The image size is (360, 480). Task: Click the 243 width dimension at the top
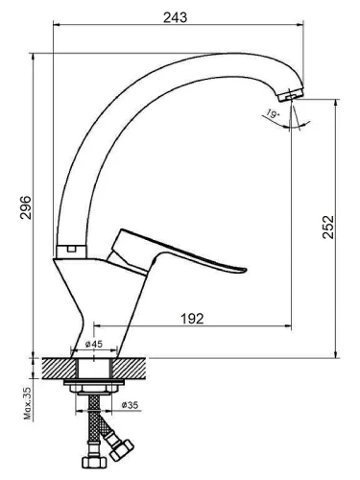(x=175, y=17)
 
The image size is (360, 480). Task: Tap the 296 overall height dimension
(x=26, y=207)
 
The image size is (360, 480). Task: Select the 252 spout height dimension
(x=328, y=227)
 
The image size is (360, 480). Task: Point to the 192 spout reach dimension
(x=192, y=319)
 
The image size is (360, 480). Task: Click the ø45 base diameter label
(x=94, y=344)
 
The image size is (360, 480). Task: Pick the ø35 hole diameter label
(x=130, y=405)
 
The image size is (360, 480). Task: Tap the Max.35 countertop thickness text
(x=28, y=403)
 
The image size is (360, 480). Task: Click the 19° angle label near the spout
(x=272, y=114)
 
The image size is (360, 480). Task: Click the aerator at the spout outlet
(x=291, y=95)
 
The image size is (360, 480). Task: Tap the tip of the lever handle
(x=245, y=270)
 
